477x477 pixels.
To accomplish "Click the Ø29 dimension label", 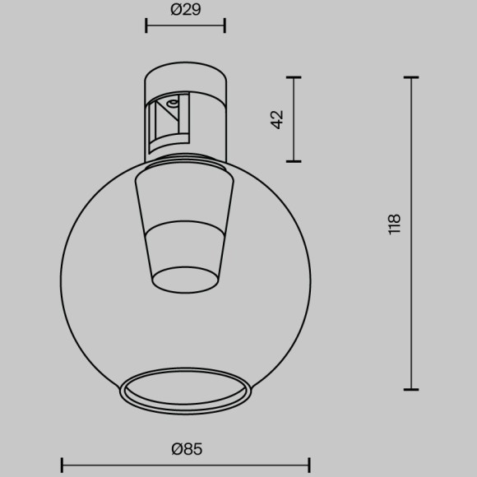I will coord(185,10).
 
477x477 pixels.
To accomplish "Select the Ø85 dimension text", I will coord(187,449).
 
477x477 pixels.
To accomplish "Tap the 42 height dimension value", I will coord(277,118).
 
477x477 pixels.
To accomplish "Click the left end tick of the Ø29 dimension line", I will coord(146,25).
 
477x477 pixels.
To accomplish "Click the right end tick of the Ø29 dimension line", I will coord(225,25).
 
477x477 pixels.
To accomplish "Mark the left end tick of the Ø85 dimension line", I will coord(63,464).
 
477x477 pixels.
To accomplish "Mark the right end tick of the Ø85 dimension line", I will coord(309,464).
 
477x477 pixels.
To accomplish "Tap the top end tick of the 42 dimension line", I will coord(294,77).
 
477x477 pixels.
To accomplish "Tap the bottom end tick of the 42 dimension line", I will coord(294,160).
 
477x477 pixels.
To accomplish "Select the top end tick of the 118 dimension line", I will coord(411,77).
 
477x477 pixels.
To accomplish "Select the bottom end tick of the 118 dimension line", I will coord(411,389).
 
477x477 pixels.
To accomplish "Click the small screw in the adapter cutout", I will coord(172,104).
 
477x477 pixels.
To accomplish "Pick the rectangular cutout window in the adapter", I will coord(169,123).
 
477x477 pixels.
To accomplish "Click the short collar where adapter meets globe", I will coord(185,158).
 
